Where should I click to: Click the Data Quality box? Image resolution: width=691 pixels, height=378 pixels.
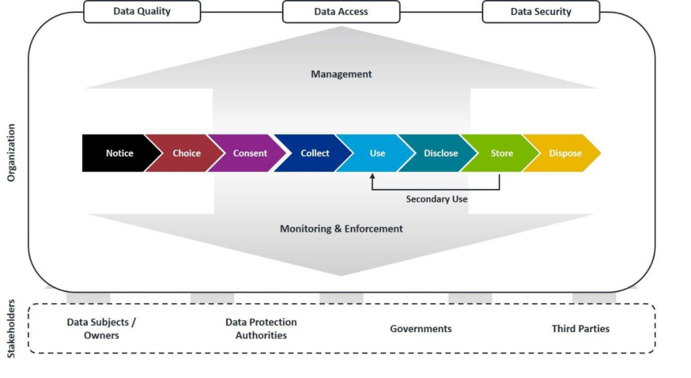[x=142, y=11]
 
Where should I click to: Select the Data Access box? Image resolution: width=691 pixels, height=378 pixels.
[x=341, y=11]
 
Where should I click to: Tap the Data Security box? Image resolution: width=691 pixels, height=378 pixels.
[x=541, y=11]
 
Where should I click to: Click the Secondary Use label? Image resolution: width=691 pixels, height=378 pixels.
[x=437, y=199]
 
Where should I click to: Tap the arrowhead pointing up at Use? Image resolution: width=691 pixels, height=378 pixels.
[x=372, y=175]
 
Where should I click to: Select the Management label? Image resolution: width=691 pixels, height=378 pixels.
[x=341, y=74]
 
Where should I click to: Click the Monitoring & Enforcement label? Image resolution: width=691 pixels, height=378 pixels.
[x=341, y=229]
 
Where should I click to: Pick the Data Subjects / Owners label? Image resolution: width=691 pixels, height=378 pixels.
[x=101, y=329]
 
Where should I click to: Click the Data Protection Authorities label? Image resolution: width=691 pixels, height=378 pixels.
[x=261, y=329]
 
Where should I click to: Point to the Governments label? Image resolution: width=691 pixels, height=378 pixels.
[x=421, y=329]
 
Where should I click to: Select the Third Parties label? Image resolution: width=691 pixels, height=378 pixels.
[x=580, y=329]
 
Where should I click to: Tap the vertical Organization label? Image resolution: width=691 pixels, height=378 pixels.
[x=11, y=153]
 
